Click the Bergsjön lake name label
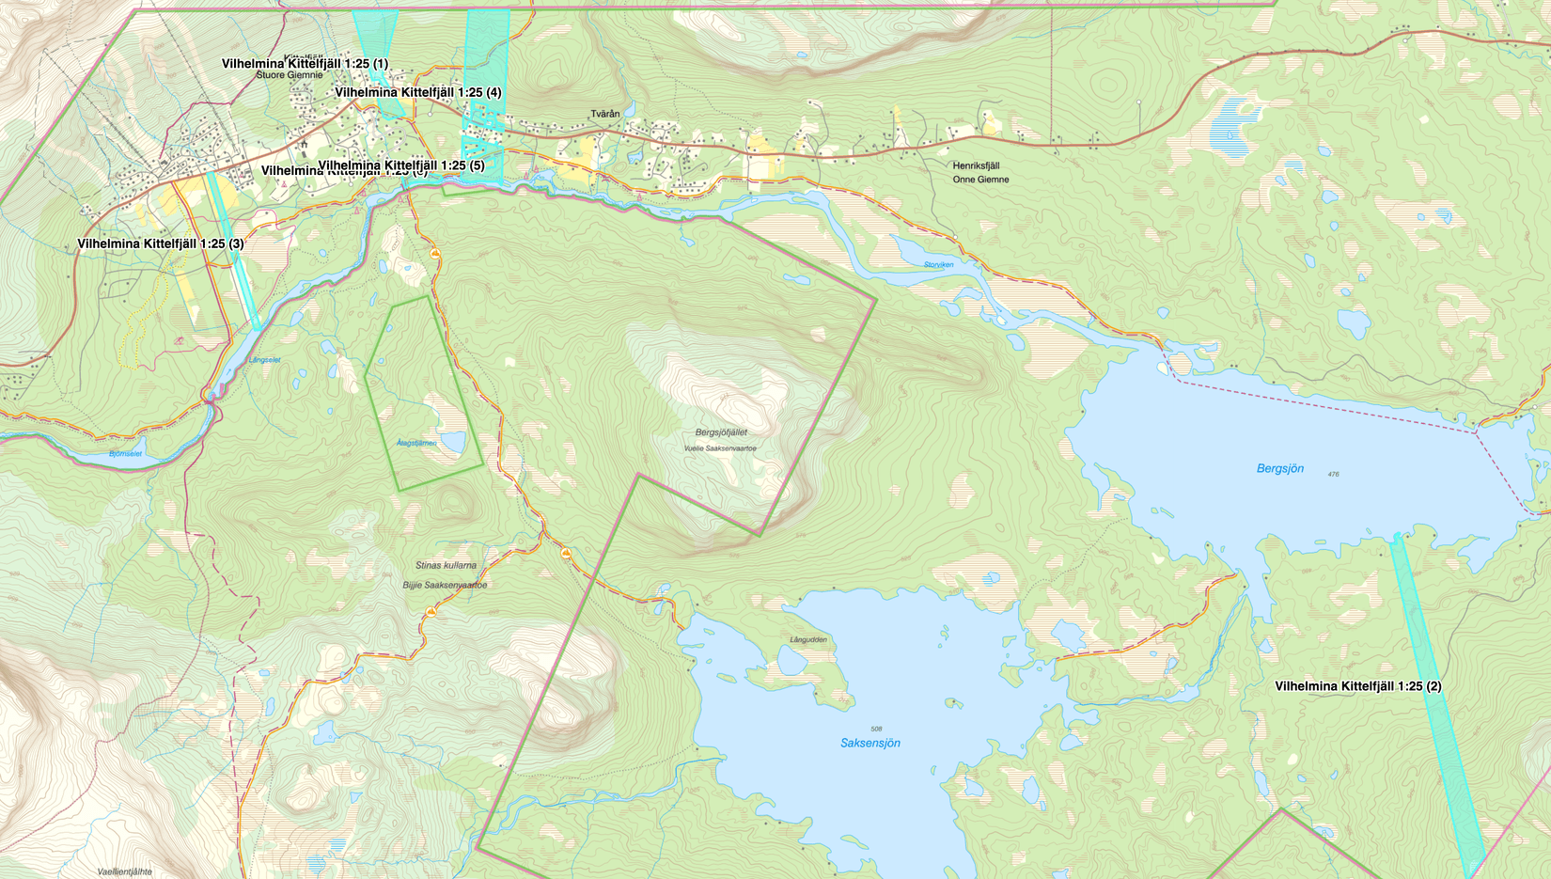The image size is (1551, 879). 1279,468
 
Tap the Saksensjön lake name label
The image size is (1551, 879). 869,743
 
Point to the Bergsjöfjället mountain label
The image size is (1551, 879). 721,432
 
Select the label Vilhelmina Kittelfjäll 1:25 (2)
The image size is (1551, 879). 1357,686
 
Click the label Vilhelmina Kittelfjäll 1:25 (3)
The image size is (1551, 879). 161,243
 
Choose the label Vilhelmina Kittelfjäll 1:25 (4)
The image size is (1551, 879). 417,92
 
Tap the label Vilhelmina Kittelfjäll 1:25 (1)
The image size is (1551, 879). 305,64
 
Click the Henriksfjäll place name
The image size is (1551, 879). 976,165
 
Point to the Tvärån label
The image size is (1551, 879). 605,114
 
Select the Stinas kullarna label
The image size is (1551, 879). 446,565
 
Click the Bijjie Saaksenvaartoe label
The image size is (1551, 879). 445,585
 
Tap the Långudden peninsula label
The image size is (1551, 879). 808,639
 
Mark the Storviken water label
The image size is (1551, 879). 938,264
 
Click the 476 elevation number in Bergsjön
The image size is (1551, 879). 1333,474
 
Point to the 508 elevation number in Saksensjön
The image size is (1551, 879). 876,729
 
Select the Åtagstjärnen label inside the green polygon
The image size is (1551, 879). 416,443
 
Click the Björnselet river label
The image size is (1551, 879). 125,454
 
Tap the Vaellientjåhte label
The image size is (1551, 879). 124,871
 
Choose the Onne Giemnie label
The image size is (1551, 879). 980,180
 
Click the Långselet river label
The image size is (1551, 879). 264,360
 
